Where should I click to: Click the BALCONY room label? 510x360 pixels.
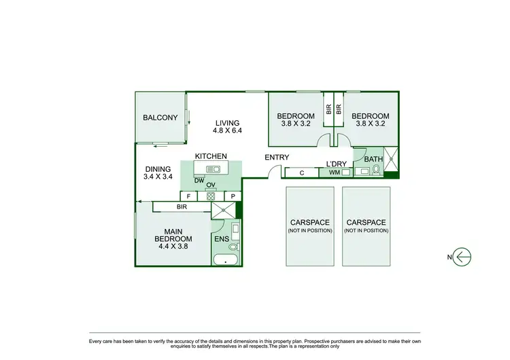(x=160, y=118)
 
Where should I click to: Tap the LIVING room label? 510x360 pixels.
(x=228, y=123)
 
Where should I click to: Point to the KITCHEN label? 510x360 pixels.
(x=211, y=156)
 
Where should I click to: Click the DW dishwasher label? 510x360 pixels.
(x=199, y=181)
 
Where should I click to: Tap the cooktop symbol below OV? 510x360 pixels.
(x=211, y=196)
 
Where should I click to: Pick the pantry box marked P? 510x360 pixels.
(x=233, y=196)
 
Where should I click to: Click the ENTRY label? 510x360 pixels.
(x=277, y=158)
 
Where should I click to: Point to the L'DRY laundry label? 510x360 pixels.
(x=337, y=164)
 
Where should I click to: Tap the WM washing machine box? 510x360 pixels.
(x=335, y=173)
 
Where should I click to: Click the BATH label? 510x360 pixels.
(x=373, y=159)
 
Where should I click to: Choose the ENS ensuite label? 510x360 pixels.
(x=222, y=239)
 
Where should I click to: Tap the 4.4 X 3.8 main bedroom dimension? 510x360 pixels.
(x=173, y=247)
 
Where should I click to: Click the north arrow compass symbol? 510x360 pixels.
(x=461, y=257)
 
